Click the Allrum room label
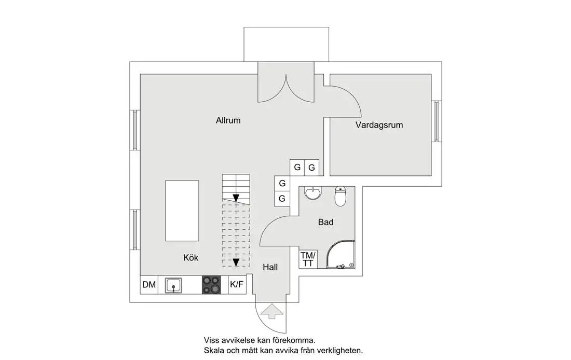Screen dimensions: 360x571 click(228, 120)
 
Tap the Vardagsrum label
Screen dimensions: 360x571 click(379, 125)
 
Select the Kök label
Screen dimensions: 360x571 click(191, 257)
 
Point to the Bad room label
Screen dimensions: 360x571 click(325, 222)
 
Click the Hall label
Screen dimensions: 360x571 click(270, 268)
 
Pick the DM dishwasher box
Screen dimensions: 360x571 click(149, 284)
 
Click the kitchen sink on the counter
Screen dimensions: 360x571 click(173, 285)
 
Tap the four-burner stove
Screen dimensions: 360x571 click(211, 285)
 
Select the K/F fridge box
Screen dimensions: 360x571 click(237, 284)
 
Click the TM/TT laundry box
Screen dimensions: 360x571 click(307, 259)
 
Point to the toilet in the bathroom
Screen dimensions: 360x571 click(341, 196)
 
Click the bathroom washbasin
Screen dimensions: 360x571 click(313, 193)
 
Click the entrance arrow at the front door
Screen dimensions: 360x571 click(271, 312)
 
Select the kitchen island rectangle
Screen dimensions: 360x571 click(182, 211)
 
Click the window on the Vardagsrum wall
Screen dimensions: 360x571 click(437, 120)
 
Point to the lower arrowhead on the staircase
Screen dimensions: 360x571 click(236, 262)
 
